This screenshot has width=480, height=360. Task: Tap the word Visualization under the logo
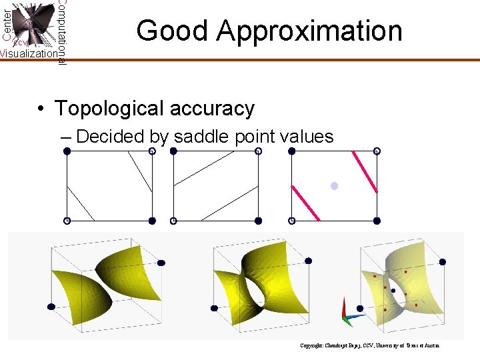pyautogui.click(x=28, y=54)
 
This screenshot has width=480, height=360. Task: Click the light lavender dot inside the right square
pyautogui.click(x=335, y=186)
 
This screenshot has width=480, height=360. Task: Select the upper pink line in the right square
pyautogui.click(x=365, y=172)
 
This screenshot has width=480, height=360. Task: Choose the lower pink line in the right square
pyautogui.click(x=305, y=203)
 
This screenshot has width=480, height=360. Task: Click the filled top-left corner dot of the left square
pyautogui.click(x=67, y=151)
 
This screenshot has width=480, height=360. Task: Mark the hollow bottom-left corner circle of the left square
pyautogui.click(x=67, y=220)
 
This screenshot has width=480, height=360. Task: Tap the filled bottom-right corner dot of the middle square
pyautogui.click(x=258, y=220)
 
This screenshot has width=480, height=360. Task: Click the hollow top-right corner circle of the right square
pyautogui.click(x=377, y=151)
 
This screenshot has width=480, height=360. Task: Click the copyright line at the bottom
pyautogui.click(x=369, y=345)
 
